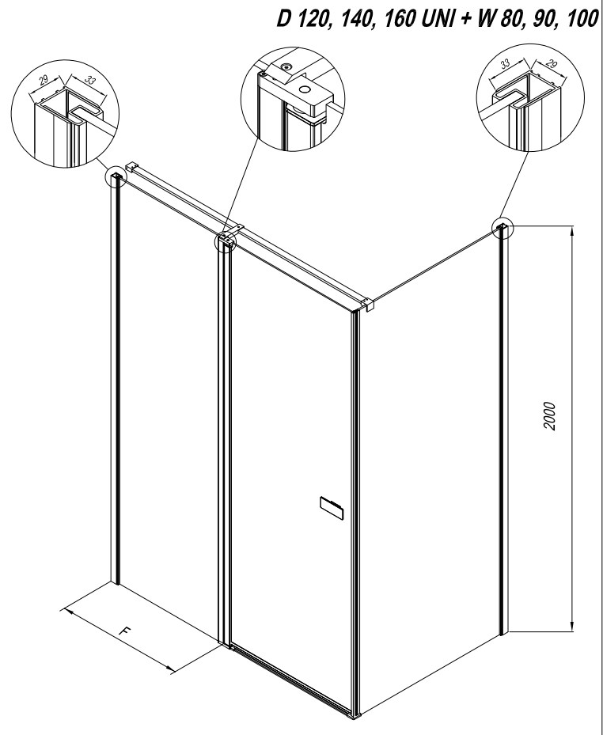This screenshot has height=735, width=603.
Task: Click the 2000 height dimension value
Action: point(549,417)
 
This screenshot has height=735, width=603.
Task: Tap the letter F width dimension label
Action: point(124,631)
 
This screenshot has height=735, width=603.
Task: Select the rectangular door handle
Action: point(332,508)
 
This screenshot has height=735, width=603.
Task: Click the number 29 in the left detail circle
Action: point(44,80)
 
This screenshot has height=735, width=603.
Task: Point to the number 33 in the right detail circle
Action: point(506,64)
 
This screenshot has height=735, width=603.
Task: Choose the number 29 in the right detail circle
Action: point(552,63)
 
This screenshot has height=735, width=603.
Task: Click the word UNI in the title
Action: point(434,19)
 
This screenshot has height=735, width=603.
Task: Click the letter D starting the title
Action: point(283,19)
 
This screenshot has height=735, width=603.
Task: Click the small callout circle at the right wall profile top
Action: point(503,228)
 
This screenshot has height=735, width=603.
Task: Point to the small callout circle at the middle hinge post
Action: point(225,242)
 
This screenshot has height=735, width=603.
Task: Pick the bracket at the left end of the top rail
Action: point(132,167)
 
